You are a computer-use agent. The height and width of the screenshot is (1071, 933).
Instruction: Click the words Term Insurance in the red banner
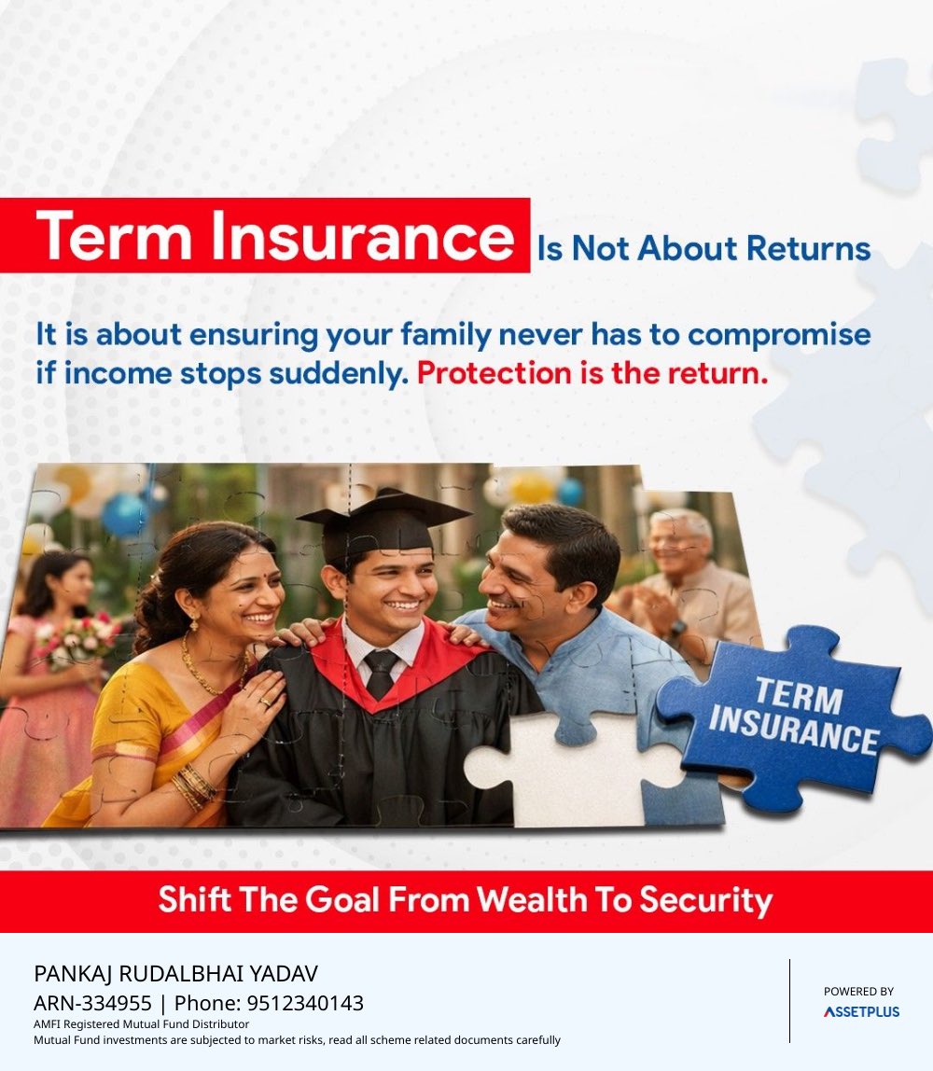coord(274,236)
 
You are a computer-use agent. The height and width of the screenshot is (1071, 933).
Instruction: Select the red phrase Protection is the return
coord(592,373)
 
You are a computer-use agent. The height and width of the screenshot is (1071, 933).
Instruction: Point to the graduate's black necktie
coord(381,673)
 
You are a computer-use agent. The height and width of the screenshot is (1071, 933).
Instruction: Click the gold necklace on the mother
coord(210,666)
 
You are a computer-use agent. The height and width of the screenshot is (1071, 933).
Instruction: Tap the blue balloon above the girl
coord(124,513)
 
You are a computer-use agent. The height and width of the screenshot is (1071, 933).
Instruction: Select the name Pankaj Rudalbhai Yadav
coord(175,973)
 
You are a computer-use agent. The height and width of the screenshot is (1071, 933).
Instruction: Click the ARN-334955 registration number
coord(92,1003)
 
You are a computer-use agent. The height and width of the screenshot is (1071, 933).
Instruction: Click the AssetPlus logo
coord(860,1011)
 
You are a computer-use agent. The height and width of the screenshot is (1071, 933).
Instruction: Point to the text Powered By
coord(858,991)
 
